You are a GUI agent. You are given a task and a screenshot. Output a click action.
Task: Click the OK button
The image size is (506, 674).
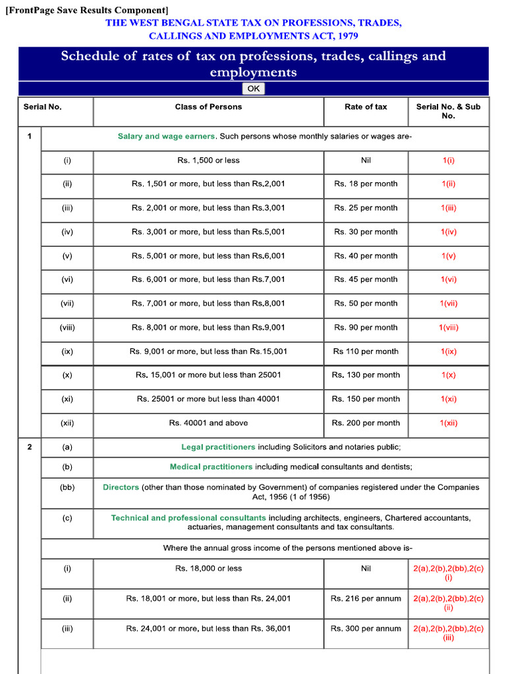[254, 89]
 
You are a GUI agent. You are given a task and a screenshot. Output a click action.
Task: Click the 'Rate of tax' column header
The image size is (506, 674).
[366, 107]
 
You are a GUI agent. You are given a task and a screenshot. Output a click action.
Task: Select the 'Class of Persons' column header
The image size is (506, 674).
[208, 107]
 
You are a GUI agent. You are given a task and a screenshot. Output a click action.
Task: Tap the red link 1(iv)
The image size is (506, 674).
[449, 232]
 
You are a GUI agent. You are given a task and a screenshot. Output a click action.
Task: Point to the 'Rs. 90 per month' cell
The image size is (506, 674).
[366, 327]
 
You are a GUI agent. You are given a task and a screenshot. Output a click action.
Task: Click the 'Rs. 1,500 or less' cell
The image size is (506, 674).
[208, 160]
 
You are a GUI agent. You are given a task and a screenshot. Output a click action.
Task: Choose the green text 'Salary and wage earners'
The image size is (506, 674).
[166, 136]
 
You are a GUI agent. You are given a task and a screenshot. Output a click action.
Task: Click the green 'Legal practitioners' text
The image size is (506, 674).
[218, 447]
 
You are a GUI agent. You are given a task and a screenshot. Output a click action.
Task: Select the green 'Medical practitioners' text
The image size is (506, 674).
[211, 467]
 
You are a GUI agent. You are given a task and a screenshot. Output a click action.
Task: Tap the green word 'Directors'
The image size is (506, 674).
[121, 487]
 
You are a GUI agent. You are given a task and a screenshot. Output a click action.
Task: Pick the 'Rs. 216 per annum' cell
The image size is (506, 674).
[366, 598]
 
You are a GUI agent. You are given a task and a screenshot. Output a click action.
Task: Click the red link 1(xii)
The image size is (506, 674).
[449, 423]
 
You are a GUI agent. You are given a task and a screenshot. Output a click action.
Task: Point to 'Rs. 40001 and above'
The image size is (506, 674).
[208, 423]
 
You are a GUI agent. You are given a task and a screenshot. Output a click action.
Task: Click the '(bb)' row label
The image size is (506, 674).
[67, 487]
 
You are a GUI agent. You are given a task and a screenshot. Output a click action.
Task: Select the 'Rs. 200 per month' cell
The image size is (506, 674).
[366, 423]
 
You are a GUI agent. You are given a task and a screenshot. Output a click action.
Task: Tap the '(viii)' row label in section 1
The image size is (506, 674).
[67, 327]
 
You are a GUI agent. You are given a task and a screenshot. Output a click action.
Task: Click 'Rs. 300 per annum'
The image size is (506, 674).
[366, 629]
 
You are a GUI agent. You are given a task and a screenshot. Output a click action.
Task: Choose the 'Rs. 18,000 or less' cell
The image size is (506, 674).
[208, 569]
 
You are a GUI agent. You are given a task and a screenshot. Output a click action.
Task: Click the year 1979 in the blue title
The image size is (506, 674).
[345, 36]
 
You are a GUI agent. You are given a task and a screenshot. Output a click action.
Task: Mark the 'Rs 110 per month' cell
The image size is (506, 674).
[366, 351]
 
